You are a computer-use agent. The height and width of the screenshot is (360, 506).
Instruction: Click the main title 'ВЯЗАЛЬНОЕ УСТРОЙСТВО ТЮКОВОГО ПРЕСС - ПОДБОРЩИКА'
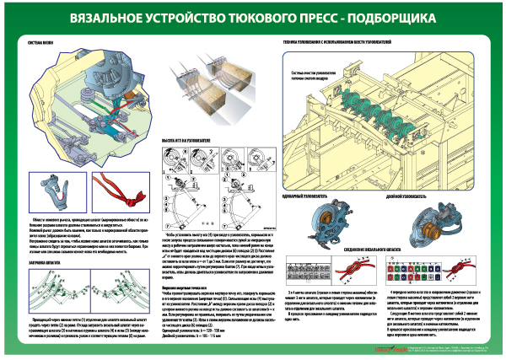tap(253, 16)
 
